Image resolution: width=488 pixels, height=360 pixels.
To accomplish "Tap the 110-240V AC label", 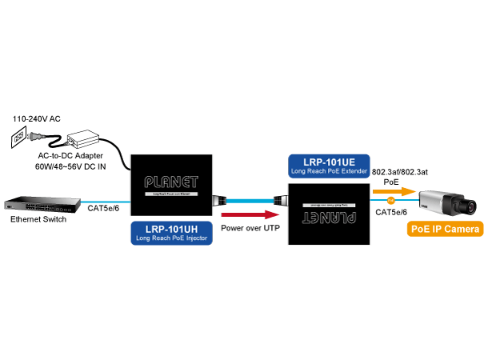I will click(36, 119).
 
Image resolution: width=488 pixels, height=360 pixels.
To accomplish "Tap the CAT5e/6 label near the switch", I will click(102, 208).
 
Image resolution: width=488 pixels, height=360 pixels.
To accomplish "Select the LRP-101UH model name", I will click(170, 228).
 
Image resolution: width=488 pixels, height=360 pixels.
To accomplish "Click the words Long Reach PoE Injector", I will click(170, 238).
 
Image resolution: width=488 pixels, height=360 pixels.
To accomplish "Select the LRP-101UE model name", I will click(329, 160).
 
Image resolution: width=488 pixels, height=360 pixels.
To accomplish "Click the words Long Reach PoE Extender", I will click(329, 170).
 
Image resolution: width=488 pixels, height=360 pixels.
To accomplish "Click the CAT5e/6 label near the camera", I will click(391, 212).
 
